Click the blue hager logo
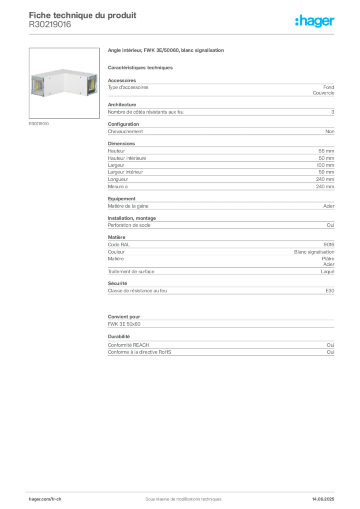click(316, 21)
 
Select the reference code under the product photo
click(39, 123)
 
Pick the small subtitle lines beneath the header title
click(50, 27)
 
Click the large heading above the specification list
click(167, 51)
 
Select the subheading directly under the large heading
click(141, 67)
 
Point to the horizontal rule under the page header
click(183, 34)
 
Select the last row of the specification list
click(220, 294)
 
